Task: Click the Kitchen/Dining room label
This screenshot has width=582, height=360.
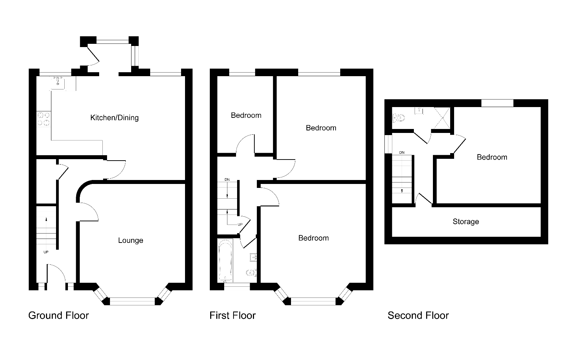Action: click(114, 118)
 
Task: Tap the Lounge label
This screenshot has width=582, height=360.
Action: click(130, 240)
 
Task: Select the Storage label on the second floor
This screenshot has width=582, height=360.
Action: click(466, 221)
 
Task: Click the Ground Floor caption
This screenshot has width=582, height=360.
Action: click(59, 315)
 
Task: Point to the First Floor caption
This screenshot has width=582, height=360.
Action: click(232, 315)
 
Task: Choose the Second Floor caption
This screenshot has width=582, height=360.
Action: click(418, 315)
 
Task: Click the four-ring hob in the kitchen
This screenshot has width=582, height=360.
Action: click(43, 119)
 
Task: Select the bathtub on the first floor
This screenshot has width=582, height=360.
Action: click(225, 261)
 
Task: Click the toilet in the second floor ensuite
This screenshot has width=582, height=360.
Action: click(398, 118)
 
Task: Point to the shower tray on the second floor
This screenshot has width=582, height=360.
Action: click(442, 118)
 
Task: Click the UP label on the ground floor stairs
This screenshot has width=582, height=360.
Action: click(46, 252)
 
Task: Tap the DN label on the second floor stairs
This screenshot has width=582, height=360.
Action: click(402, 153)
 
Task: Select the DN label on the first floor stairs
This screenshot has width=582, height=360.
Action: click(227, 180)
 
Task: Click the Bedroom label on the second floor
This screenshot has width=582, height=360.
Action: click(492, 157)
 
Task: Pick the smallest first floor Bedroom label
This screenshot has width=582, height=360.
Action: click(246, 115)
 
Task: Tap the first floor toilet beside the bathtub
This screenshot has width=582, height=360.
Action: click(251, 273)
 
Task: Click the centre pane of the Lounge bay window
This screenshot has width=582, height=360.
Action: click(132, 301)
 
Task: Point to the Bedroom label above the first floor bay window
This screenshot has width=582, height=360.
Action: click(313, 238)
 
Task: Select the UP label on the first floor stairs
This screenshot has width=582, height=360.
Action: click(240, 225)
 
